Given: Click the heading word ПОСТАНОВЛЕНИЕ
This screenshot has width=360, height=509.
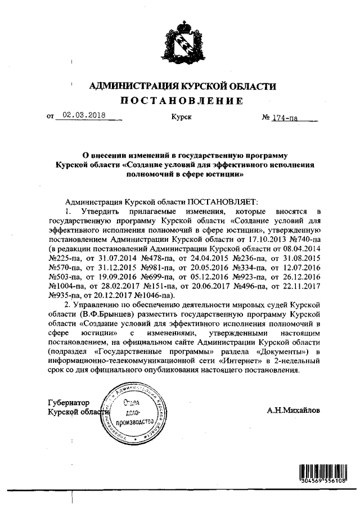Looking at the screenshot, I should click(x=180, y=101).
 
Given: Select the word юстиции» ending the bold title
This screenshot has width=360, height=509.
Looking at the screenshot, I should click(x=225, y=174).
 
